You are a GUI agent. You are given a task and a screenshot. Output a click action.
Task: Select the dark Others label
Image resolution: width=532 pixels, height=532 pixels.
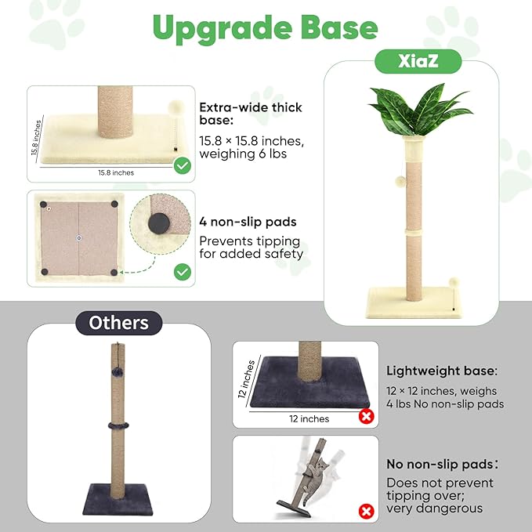coord(119,323)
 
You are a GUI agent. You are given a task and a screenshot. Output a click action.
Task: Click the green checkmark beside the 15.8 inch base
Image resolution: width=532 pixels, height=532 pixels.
coord(182,165)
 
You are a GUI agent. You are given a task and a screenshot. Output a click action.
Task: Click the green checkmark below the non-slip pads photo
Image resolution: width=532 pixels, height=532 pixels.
coord(182,272)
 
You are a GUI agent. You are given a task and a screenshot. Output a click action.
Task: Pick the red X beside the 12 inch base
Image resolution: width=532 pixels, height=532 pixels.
coord(365,416)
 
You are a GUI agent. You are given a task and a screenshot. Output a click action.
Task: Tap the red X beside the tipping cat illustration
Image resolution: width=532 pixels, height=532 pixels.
coord(365,512)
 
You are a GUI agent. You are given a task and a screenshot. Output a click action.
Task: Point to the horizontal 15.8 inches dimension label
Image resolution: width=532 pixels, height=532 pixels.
coord(115,172)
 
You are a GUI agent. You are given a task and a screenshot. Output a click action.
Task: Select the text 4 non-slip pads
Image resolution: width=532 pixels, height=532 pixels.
coord(248,222)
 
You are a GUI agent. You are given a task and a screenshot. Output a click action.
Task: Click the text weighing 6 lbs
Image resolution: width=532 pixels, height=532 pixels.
coord(244,154)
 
